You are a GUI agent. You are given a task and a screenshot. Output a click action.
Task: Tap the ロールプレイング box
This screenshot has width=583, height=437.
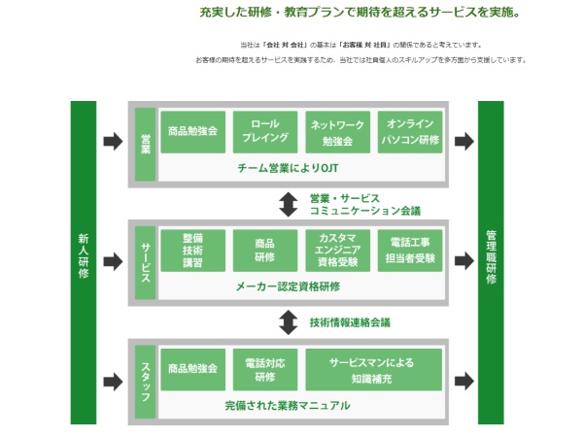click(x=265, y=132)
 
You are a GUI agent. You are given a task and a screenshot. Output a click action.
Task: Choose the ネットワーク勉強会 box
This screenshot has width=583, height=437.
click(x=336, y=132)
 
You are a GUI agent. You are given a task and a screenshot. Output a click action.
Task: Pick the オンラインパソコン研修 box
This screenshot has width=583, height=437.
click(x=410, y=132)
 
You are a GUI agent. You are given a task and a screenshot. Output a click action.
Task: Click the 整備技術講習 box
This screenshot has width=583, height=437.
click(x=192, y=251)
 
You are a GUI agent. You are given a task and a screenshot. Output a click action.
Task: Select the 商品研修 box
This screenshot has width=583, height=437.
click(x=265, y=251)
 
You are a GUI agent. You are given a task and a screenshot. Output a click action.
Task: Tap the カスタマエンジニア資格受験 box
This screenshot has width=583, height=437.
click(x=336, y=251)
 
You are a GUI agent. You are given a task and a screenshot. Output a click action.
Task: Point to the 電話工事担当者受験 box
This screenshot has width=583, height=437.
click(x=410, y=251)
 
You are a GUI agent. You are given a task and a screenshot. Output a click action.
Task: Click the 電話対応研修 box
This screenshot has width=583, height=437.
click(x=265, y=370)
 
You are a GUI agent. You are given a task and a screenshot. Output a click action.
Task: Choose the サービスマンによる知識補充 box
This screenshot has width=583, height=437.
click(x=373, y=370)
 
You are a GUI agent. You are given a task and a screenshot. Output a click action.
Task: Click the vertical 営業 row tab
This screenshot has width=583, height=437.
click(x=146, y=144)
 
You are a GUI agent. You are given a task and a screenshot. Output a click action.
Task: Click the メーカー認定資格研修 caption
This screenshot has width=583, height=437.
click(x=288, y=286)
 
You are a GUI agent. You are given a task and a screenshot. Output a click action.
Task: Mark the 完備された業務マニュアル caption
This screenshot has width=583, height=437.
click(x=288, y=406)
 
